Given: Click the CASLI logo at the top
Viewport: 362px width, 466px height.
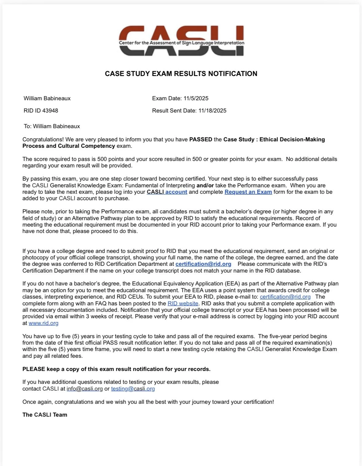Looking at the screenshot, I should [x=181, y=41].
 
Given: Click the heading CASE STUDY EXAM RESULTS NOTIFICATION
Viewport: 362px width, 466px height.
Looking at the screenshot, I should [x=181, y=74].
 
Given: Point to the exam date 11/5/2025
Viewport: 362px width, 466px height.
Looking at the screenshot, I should [x=196, y=98].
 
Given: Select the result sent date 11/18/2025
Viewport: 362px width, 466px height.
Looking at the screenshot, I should [x=212, y=111].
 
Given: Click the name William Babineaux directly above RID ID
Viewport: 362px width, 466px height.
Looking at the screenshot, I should [x=47, y=98].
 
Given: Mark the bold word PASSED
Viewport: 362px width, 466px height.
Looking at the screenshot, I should [x=200, y=139].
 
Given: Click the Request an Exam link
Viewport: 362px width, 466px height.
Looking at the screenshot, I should [x=248, y=192].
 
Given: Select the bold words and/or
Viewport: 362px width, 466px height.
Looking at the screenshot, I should [x=205, y=185].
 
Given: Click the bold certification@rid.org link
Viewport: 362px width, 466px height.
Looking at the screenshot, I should [x=203, y=264].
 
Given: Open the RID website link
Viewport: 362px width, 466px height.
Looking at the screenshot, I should [x=183, y=304].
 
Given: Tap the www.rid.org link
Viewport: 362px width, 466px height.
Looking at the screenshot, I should [x=43, y=323].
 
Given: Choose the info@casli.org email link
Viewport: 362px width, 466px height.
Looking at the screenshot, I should [x=84, y=389].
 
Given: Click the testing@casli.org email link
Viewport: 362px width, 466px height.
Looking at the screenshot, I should [x=133, y=389].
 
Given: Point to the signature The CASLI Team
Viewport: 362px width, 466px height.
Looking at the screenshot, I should [x=45, y=415].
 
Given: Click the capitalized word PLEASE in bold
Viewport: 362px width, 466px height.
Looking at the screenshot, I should [x=34, y=369].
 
